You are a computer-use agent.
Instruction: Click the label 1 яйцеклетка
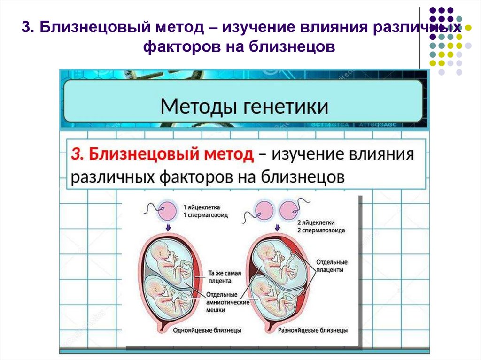click(x=202, y=207)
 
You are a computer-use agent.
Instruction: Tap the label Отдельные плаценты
click(x=332, y=266)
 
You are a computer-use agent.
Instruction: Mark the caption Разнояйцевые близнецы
click(x=313, y=330)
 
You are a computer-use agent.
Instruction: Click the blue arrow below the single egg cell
click(x=168, y=228)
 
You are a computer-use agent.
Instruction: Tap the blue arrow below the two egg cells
click(x=276, y=228)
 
